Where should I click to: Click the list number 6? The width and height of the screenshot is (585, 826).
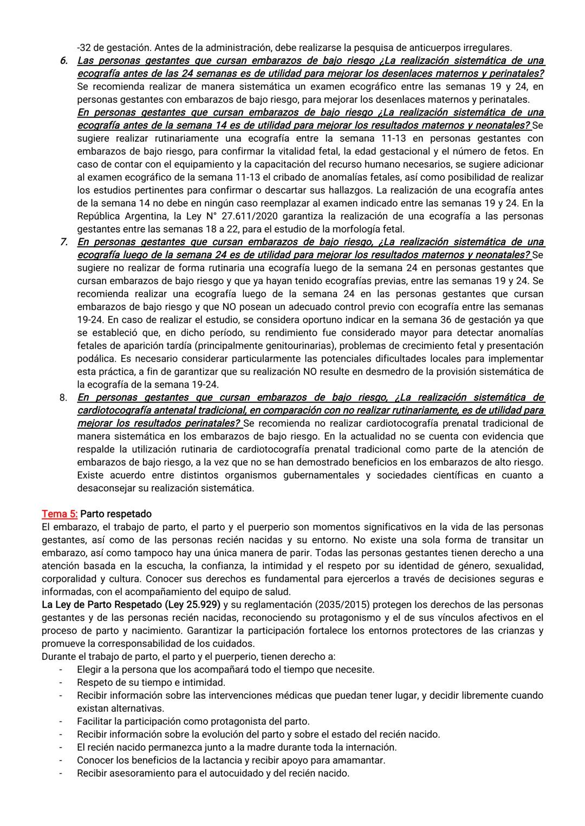(63, 61)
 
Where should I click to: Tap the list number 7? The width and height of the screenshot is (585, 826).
(63, 242)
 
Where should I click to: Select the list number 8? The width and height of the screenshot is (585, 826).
(63, 397)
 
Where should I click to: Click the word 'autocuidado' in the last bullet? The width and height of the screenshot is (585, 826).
(227, 773)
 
